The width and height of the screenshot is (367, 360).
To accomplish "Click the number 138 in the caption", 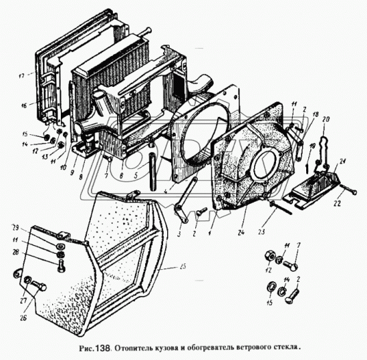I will coord(99,347).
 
